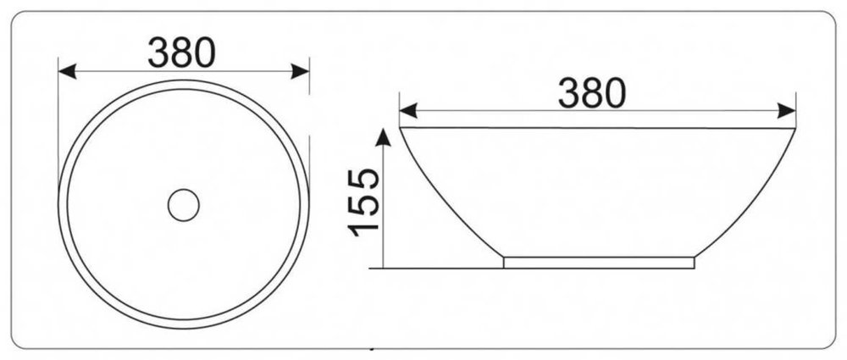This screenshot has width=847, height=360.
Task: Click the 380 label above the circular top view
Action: (x=182, y=53)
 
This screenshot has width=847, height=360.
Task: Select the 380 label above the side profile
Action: (x=592, y=92)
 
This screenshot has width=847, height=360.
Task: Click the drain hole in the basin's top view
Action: (x=184, y=205)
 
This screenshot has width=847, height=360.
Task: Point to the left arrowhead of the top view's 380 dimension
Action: (x=67, y=71)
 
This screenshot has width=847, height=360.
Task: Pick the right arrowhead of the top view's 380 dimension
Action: (x=301, y=71)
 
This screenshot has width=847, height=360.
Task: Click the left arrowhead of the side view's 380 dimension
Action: (x=408, y=111)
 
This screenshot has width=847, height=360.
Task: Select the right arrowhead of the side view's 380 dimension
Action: (x=787, y=111)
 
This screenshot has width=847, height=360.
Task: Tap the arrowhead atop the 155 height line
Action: (x=383, y=137)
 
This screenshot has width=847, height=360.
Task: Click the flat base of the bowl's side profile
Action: (x=599, y=262)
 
